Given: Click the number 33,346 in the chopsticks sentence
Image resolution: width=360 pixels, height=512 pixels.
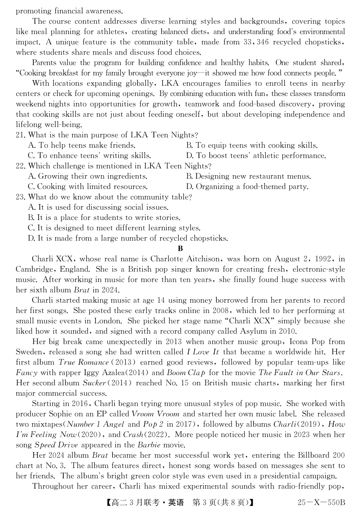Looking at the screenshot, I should pos(256,42).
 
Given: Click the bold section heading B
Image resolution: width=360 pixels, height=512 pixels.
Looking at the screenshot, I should pos(180,249).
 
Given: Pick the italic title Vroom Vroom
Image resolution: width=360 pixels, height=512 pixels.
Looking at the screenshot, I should pos(156,414).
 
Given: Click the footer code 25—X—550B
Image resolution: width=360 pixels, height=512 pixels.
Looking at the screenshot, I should pos(321,503).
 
